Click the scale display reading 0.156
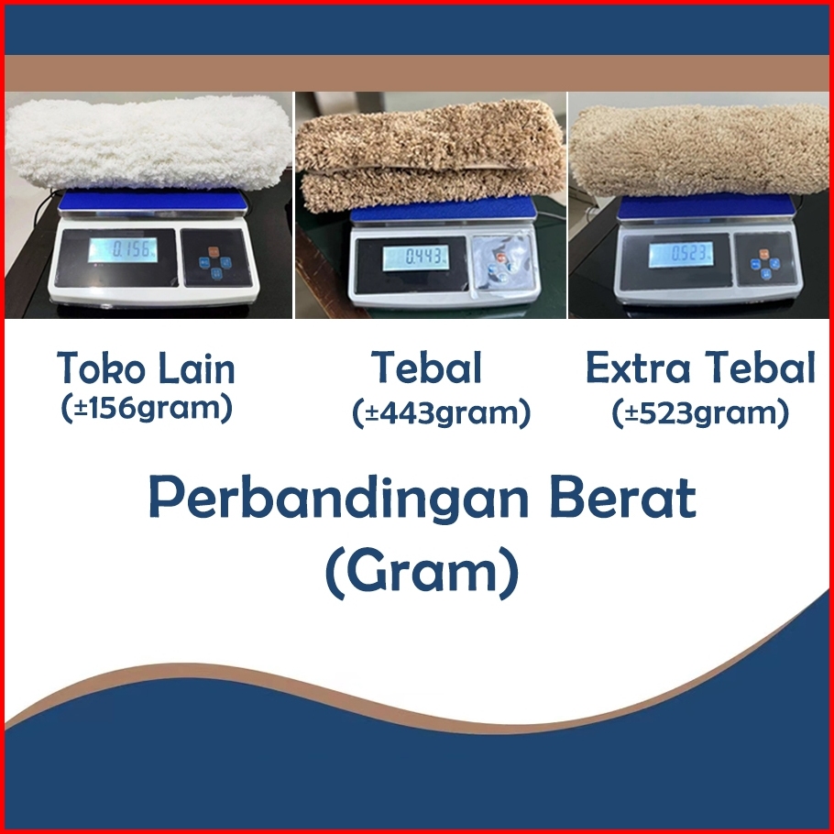pos(123,250)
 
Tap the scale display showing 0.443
pos(416,258)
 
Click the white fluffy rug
pos(148,143)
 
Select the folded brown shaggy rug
pos(431,154)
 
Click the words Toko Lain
pos(146,368)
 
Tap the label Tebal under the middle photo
pos(426,367)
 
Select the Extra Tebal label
pos(700,367)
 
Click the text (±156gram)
pos(147,409)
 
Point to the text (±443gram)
pos(441,413)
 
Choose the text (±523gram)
pos(700,413)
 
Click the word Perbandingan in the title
pos(338,499)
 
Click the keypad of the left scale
pos(214,258)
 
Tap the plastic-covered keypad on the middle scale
pos(502,263)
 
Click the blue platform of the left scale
pos(153,203)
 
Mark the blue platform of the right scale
pos(707,207)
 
